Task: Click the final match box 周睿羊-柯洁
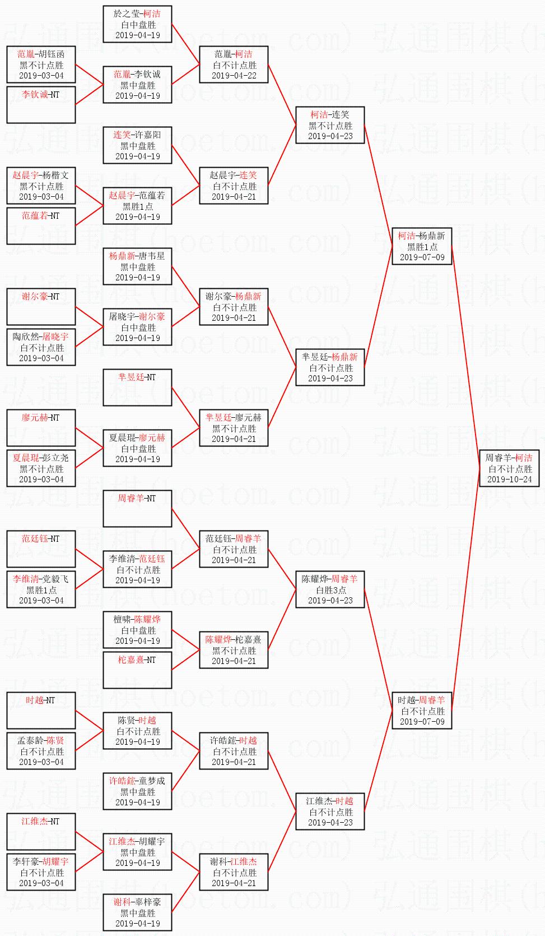(509, 468)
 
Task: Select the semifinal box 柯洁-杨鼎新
(422, 246)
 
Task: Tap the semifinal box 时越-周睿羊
(422, 711)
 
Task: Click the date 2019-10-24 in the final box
(509, 479)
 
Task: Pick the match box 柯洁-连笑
(330, 125)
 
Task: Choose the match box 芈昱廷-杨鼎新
(330, 367)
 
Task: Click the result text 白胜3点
(330, 590)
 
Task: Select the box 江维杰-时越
(330, 811)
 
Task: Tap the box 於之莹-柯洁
(137, 24)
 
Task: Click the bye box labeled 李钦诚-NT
(41, 104)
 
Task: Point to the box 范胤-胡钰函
(41, 64)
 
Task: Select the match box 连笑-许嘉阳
(137, 145)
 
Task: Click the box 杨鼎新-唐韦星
(137, 266)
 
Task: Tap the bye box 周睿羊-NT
(137, 509)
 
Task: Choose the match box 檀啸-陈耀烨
(137, 630)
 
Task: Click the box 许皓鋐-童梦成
(137, 791)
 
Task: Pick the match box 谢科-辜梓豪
(137, 912)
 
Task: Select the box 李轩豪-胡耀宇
(41, 872)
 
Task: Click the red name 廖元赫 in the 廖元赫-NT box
(35, 418)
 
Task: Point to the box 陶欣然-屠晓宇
(41, 347)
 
